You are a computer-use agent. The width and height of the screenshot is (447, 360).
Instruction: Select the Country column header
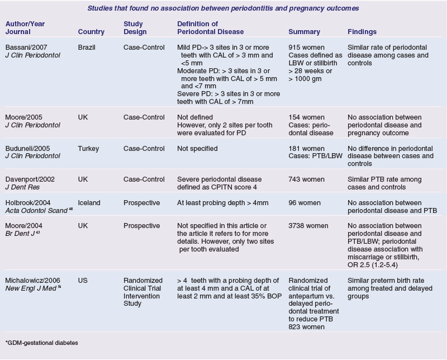click(x=91, y=32)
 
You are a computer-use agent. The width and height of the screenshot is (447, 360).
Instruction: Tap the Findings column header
click(x=362, y=32)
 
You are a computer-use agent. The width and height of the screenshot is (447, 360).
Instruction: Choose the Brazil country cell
click(x=87, y=48)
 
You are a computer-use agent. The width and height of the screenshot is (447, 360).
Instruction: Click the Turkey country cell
click(x=88, y=149)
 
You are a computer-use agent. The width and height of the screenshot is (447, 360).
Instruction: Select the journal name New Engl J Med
click(x=32, y=287)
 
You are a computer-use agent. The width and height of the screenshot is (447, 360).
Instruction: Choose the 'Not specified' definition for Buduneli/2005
click(x=197, y=149)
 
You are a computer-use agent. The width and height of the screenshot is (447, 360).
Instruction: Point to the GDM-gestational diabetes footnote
click(x=41, y=342)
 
